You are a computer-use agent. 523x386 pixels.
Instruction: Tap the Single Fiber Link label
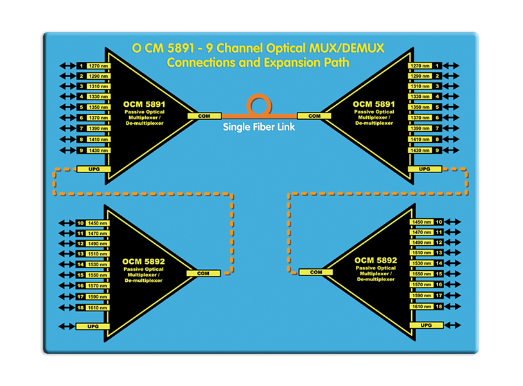coord(259,127)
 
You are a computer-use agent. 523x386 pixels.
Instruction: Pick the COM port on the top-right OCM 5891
coord(314,116)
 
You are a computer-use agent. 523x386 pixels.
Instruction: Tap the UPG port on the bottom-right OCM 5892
coord(425,326)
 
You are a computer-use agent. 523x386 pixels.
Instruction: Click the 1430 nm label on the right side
coord(420,150)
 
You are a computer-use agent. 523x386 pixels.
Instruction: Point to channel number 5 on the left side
coord(81,107)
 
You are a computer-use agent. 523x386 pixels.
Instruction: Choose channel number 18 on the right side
coord(439,307)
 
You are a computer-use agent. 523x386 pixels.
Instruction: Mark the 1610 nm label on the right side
coord(420,307)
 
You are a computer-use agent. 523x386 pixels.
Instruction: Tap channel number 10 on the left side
coord(81,223)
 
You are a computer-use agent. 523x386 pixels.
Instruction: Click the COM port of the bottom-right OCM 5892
coord(315,272)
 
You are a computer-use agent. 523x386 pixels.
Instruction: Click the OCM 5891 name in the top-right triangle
coord(375,104)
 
